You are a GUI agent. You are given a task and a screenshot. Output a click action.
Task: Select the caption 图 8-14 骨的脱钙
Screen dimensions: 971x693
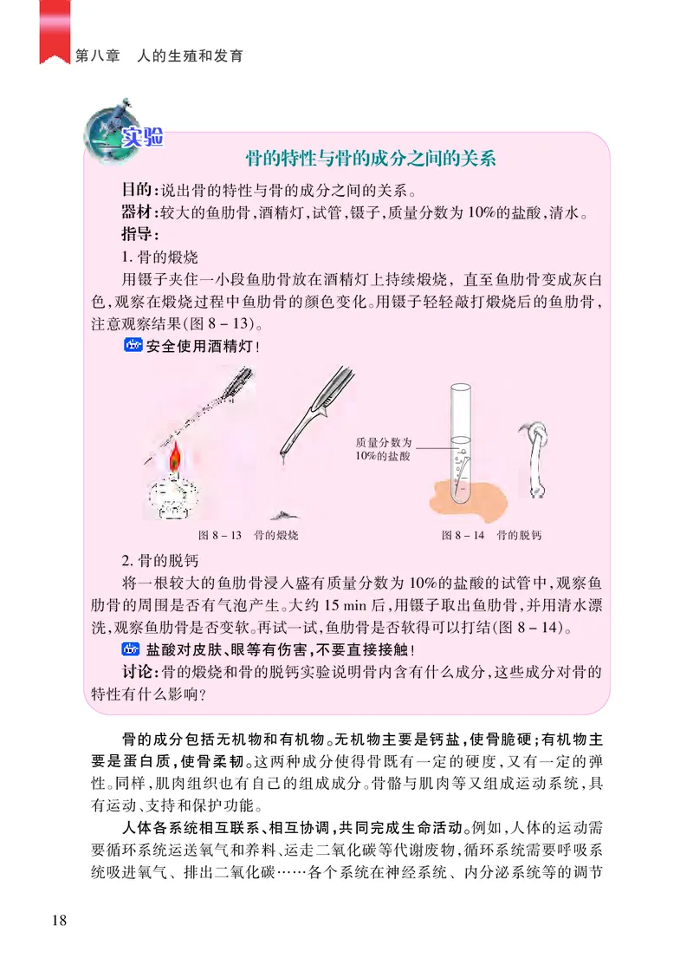click(491, 535)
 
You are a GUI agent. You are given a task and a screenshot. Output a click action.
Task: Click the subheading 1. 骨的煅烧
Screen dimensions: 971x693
click(160, 257)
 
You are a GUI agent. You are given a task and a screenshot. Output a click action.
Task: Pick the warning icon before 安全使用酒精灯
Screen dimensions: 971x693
click(132, 348)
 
